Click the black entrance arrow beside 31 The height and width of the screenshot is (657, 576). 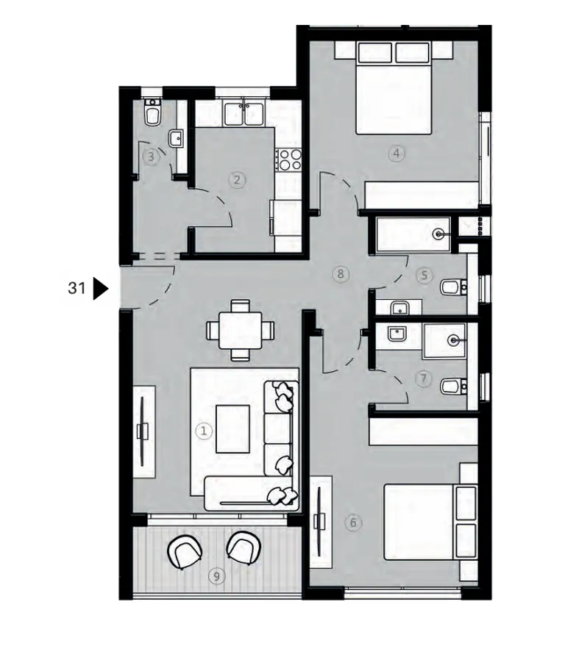[101, 289]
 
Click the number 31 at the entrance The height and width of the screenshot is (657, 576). [77, 289]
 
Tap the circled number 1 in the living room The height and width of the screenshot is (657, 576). [204, 431]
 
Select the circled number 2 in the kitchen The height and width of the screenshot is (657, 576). [237, 179]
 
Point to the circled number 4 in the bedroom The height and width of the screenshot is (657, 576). [396, 154]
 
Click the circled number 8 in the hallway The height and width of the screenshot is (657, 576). [339, 274]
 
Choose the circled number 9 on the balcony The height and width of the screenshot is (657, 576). [216, 577]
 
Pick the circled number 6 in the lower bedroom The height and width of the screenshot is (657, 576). [353, 523]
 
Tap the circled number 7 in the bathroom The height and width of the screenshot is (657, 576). [422, 379]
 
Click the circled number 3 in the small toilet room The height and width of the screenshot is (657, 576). [151, 156]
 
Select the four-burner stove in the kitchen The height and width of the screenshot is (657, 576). [287, 158]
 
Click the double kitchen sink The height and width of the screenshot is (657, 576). [244, 115]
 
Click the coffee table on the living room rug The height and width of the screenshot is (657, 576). [233, 429]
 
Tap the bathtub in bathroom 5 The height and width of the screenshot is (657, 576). [411, 235]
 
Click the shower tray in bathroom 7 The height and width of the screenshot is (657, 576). [445, 340]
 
